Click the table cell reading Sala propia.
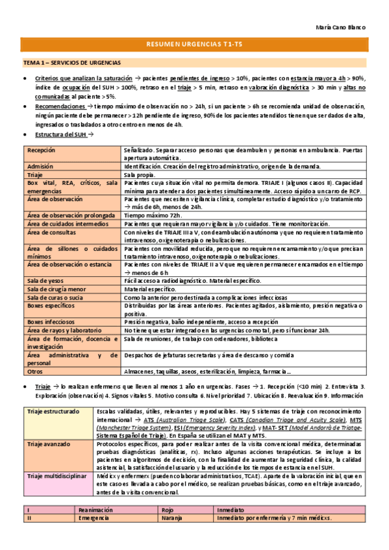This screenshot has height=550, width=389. click(140, 174)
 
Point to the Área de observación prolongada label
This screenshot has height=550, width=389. click(65, 215)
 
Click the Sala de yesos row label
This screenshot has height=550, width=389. click(44, 280)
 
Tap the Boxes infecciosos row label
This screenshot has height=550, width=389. click(51, 321)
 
